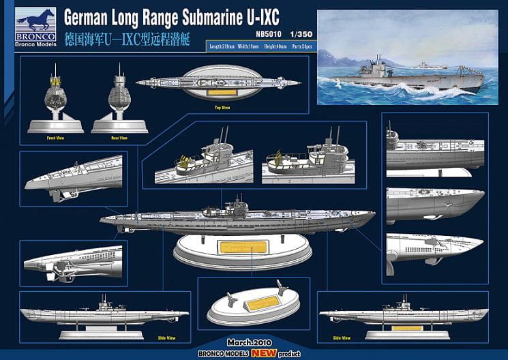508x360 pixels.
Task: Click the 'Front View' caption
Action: point(55,137)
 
